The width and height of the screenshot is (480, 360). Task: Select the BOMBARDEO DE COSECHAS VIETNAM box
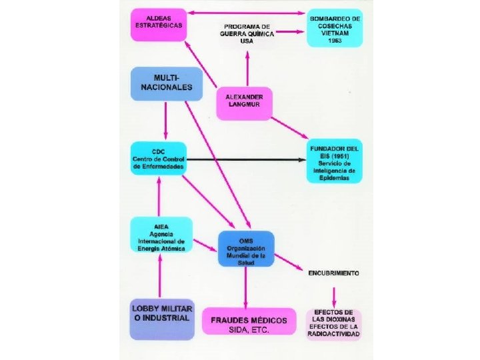pyautogui.click(x=335, y=29)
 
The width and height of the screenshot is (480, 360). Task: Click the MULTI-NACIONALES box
pyautogui.click(x=166, y=83)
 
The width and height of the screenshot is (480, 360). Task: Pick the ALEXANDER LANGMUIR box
pyautogui.click(x=244, y=103)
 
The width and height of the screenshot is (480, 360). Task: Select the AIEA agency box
pyautogui.click(x=161, y=235)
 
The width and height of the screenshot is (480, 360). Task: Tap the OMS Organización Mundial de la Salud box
pyautogui.click(x=246, y=249)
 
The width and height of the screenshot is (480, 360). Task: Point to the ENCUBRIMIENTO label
pyautogui.click(x=334, y=273)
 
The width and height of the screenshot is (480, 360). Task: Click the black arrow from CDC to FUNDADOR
pyautogui.click(x=247, y=160)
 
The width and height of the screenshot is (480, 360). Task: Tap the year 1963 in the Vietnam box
pyautogui.click(x=335, y=40)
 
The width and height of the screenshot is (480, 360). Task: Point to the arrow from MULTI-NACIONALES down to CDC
pyautogui.click(x=166, y=120)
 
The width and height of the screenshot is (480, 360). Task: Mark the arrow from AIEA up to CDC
pyautogui.click(x=159, y=197)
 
